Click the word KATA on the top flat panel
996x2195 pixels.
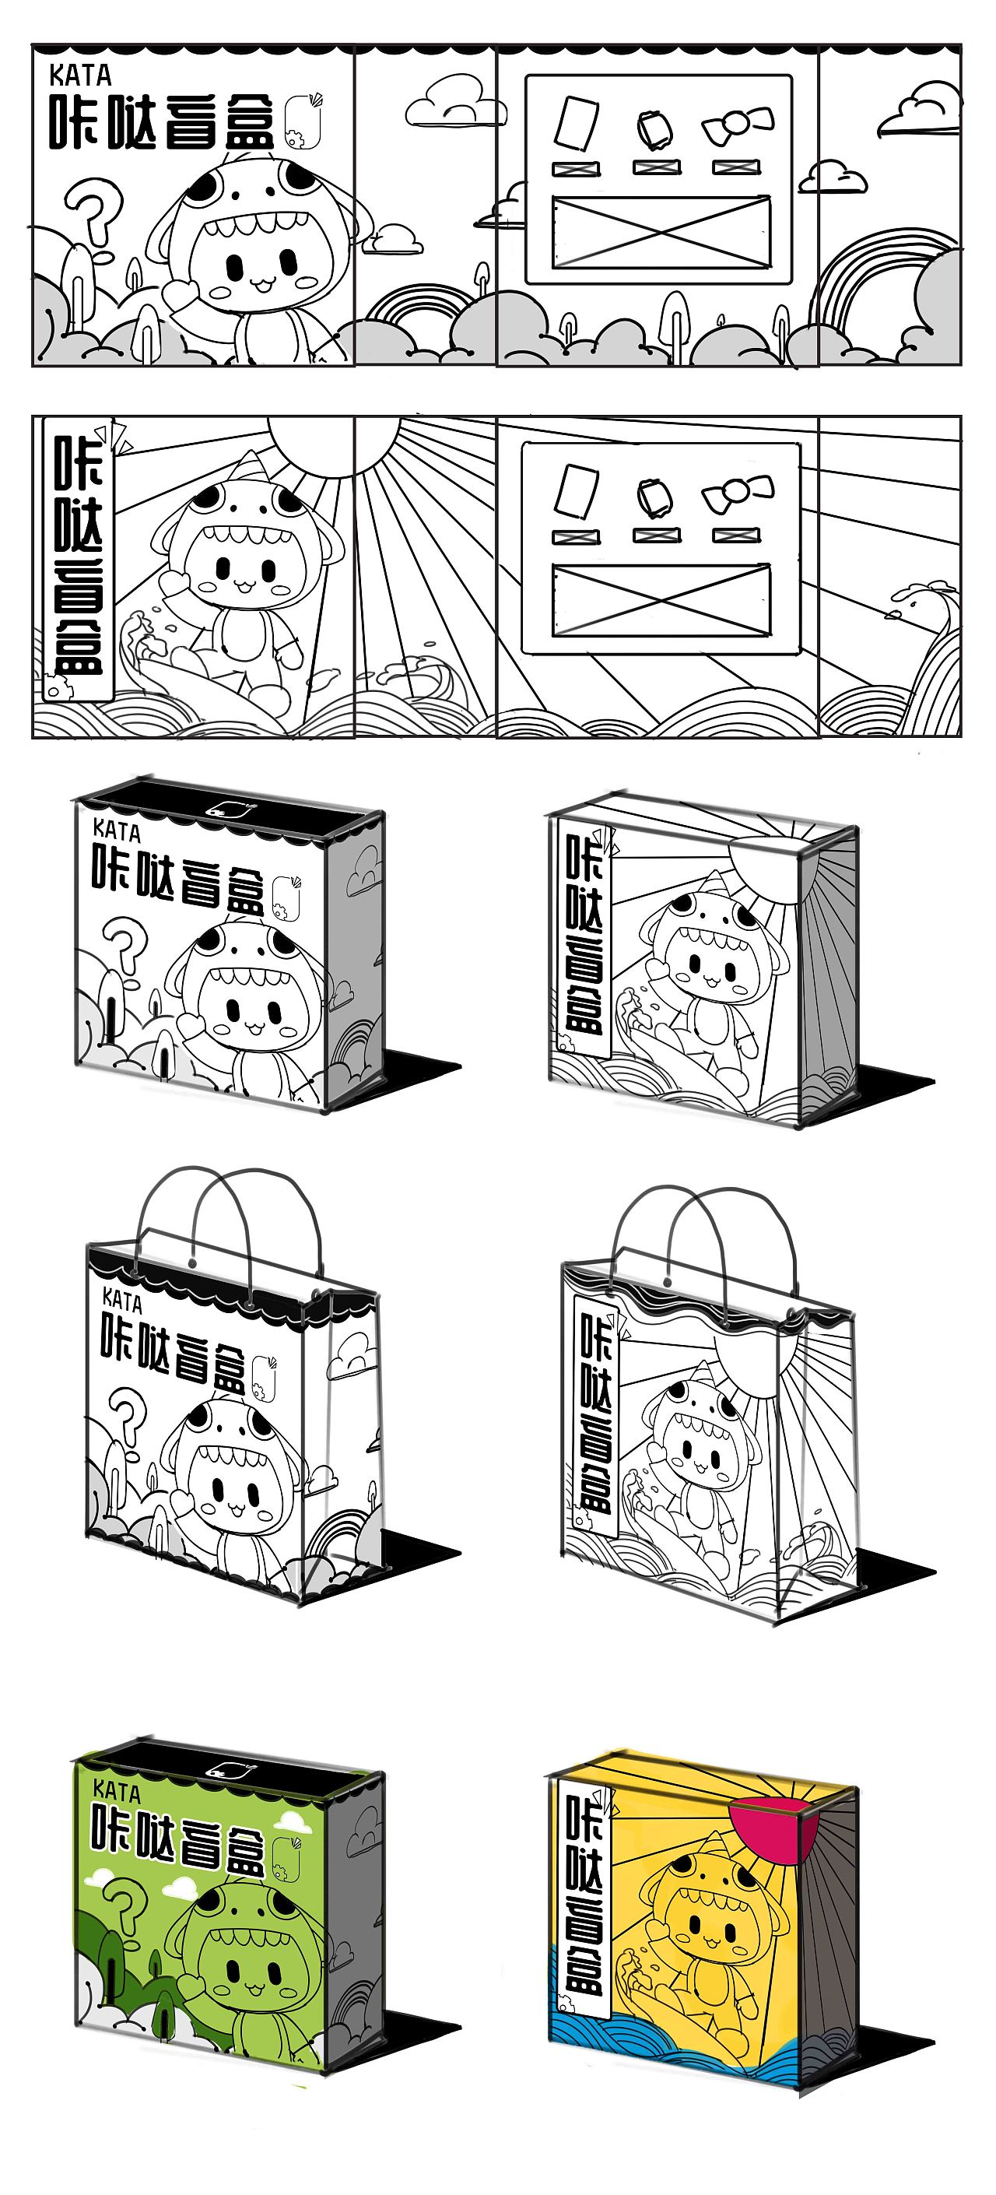click(x=80, y=76)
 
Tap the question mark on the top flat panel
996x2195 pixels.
click(x=96, y=219)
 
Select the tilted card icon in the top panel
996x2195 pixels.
click(x=576, y=124)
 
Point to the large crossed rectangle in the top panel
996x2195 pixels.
click(x=661, y=232)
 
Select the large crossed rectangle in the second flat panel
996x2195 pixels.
click(x=661, y=601)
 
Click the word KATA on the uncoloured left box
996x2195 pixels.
click(x=116, y=829)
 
